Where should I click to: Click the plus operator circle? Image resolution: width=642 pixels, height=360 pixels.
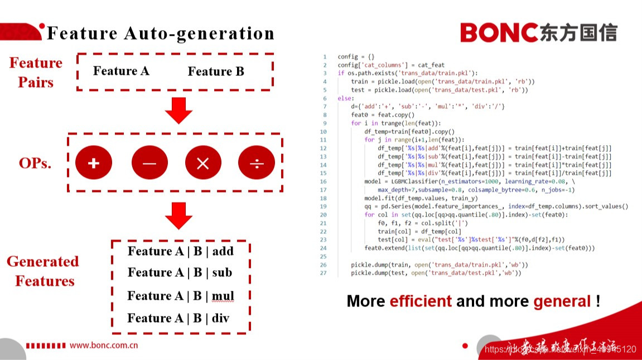(94, 163)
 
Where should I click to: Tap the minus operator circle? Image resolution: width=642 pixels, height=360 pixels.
(149, 163)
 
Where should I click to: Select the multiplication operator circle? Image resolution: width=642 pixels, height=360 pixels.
(203, 163)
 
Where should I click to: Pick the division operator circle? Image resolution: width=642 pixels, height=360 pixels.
(257, 163)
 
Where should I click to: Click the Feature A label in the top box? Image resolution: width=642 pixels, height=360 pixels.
(121, 71)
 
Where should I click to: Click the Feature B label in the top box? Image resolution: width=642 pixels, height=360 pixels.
(216, 71)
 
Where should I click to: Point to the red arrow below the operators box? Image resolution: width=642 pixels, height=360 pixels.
(178, 215)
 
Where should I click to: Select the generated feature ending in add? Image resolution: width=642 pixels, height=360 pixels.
(180, 251)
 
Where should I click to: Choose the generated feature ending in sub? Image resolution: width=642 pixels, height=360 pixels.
(180, 272)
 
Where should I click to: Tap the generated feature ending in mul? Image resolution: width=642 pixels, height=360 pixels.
(180, 296)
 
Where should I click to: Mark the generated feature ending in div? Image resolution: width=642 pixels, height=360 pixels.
(178, 318)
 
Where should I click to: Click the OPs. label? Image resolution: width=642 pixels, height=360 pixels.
(35, 164)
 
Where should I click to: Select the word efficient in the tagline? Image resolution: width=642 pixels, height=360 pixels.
(421, 301)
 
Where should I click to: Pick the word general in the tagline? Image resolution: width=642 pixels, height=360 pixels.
(562, 301)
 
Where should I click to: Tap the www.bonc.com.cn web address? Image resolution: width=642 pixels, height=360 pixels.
(104, 345)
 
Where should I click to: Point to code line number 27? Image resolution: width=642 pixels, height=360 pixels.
(324, 273)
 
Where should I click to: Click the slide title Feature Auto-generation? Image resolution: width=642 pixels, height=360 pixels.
(161, 33)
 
